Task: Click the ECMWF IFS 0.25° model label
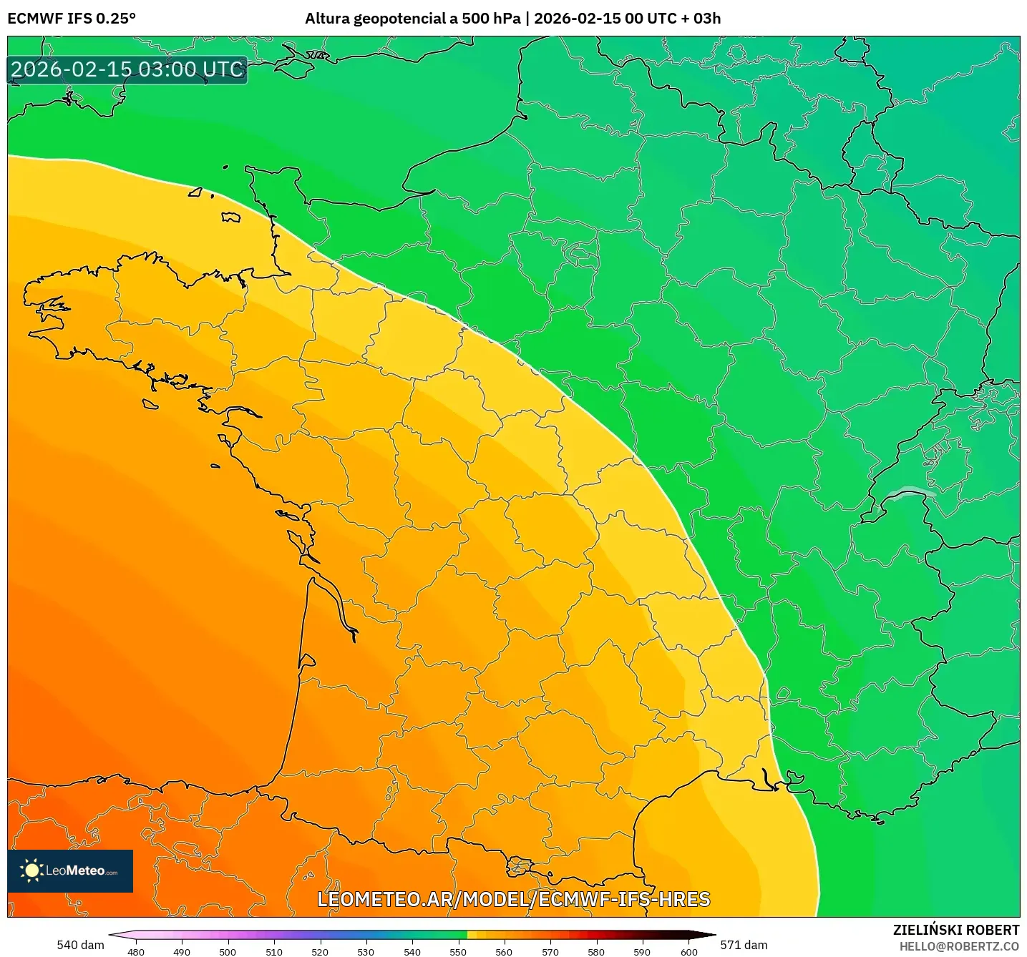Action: (72, 19)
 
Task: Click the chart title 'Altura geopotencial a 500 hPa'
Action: (413, 19)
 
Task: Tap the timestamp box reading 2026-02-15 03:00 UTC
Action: (127, 69)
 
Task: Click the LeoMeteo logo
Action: (70, 870)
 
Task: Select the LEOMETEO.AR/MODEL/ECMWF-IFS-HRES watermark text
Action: (513, 899)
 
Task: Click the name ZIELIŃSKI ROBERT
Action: (955, 930)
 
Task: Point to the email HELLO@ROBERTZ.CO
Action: (958, 946)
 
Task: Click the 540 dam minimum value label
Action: (80, 945)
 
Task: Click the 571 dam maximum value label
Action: (744, 945)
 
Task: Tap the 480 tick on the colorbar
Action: (136, 951)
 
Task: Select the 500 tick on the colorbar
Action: (228, 951)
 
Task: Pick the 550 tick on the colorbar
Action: (458, 951)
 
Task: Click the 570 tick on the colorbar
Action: (550, 951)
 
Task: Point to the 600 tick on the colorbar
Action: (688, 951)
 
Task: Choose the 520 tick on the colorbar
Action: (320, 951)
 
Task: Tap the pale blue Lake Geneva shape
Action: (910, 492)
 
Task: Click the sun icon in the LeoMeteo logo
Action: (31, 870)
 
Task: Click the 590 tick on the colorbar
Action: (642, 951)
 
